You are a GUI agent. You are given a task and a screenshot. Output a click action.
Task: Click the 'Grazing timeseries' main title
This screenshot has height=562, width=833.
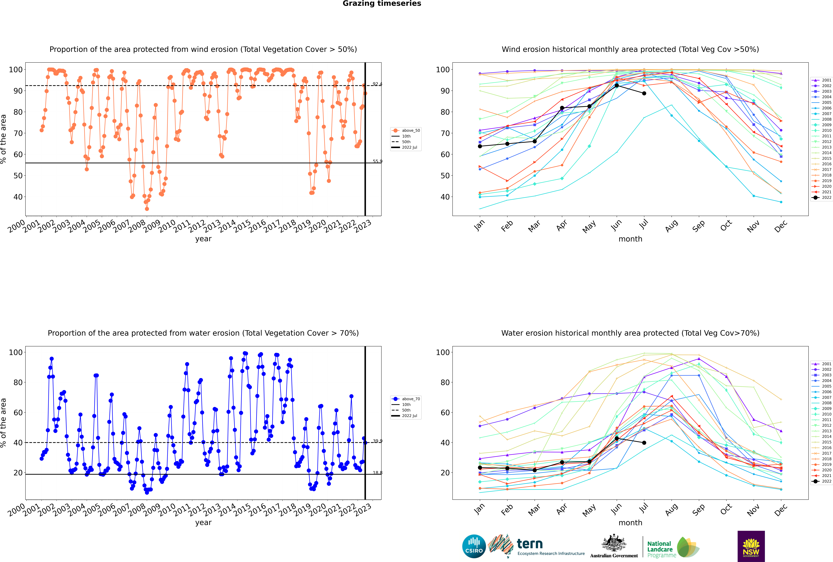[x=382, y=4]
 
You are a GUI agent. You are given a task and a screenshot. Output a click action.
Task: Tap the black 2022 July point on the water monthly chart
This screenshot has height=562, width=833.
[x=644, y=443]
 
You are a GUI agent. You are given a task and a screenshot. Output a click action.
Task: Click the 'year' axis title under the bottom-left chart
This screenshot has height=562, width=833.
[x=203, y=523]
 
